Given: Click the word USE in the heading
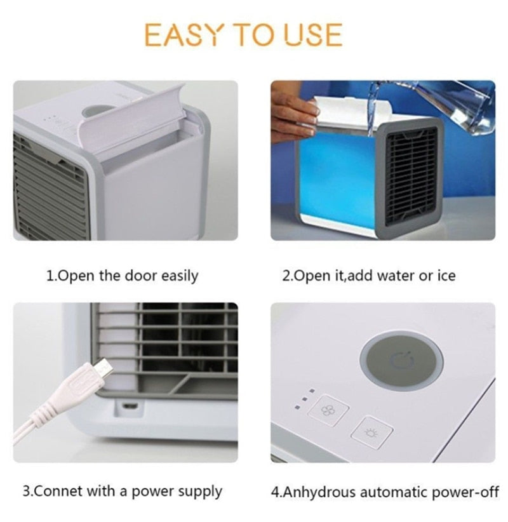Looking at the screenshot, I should [x=312, y=35].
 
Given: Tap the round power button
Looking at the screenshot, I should [x=401, y=360].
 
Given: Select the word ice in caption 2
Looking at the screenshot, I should [x=445, y=276].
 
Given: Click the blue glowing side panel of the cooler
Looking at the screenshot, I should [x=337, y=178].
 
